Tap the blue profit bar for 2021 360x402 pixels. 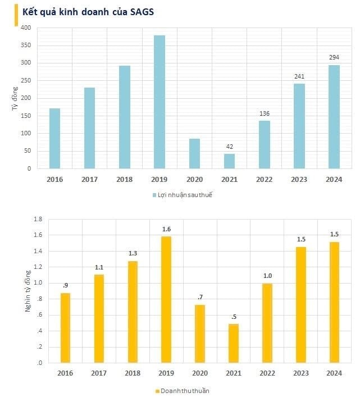coord(229,161)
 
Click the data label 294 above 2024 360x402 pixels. coord(334,57)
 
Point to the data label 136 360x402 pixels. coord(265,113)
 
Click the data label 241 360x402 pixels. coord(299,76)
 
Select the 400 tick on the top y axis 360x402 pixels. coord(26,28)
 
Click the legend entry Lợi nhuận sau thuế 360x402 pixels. coord(185,195)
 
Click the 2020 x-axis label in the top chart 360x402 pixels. coord(194,179)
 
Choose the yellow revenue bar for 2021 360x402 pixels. coord(233,343)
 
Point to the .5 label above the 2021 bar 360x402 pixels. coord(233,317)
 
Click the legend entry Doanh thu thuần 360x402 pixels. coord(184,390)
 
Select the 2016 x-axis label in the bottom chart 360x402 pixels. coord(65,373)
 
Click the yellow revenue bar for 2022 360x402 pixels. coord(267,323)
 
